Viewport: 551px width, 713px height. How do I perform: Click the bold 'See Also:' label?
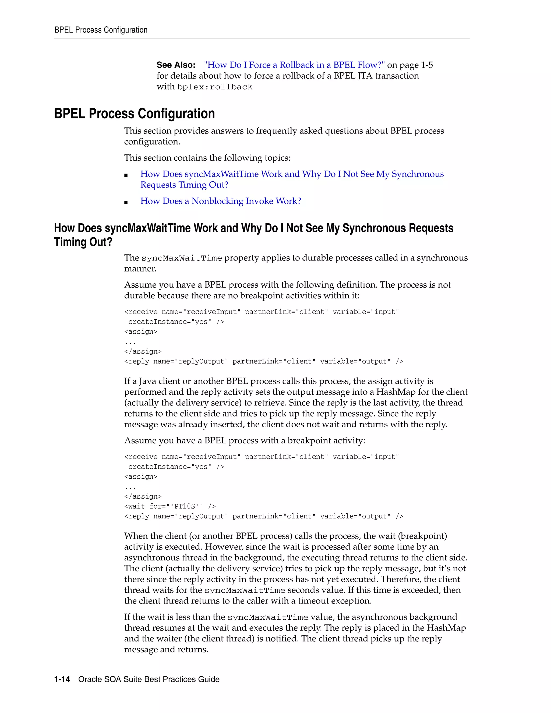coord(176,65)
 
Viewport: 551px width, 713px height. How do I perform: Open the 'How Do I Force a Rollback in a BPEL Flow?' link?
coord(294,65)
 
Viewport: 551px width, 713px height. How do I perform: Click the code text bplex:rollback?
coord(215,87)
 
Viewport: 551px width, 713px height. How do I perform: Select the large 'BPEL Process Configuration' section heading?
coord(134,114)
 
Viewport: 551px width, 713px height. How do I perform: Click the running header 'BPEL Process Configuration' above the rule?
coord(101,30)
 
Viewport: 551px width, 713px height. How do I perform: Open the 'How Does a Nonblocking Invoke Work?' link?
coord(220,201)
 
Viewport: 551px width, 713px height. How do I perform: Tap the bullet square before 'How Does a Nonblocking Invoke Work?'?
coord(126,202)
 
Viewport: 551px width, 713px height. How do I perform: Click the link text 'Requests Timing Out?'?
coord(184,185)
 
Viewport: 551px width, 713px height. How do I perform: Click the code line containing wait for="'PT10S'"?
coord(170,506)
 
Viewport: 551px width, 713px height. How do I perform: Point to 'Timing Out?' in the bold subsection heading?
coord(83,242)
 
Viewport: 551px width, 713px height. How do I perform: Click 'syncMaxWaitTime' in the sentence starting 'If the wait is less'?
coord(268,617)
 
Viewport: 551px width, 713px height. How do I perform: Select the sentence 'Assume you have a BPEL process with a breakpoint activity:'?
coord(245,441)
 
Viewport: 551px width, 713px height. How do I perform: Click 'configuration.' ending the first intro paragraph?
coord(152,142)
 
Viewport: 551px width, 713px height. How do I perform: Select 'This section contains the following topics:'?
coord(207,158)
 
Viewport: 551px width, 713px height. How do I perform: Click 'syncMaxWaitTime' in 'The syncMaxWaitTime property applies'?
coord(182,258)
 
